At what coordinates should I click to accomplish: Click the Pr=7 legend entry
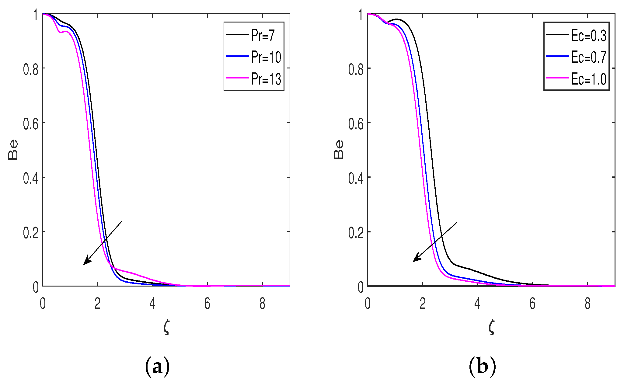click(x=263, y=35)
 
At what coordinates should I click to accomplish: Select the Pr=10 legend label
click(x=266, y=57)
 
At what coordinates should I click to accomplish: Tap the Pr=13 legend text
click(x=266, y=79)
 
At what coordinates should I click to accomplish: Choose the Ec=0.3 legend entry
click(x=588, y=36)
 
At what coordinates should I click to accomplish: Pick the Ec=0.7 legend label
click(x=588, y=57)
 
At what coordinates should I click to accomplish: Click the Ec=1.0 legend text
click(x=588, y=79)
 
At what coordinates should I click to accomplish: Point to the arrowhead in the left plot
click(x=86, y=262)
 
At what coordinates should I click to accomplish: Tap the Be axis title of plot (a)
click(x=13, y=150)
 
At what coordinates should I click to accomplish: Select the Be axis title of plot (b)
click(x=338, y=150)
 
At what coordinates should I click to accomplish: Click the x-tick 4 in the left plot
click(x=152, y=304)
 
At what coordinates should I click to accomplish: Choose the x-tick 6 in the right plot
click(x=532, y=304)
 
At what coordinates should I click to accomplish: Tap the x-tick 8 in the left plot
click(x=262, y=304)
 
